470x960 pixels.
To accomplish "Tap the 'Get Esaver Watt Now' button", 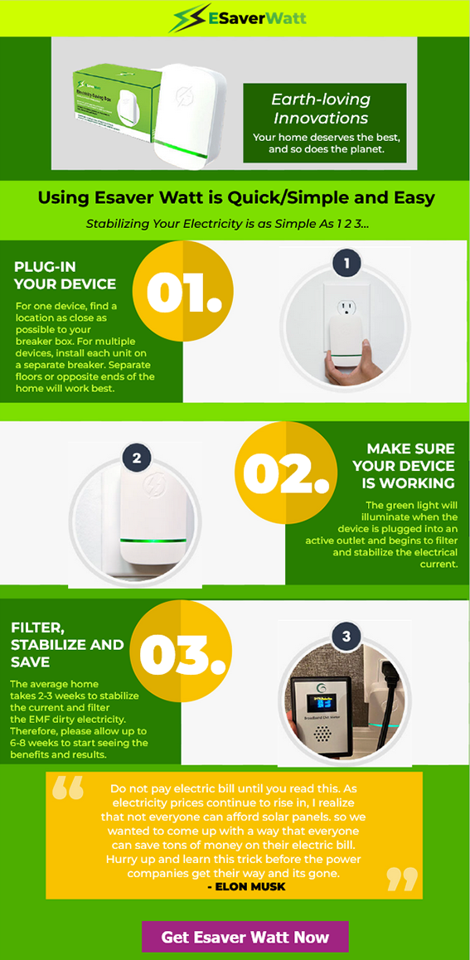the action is point(245,936).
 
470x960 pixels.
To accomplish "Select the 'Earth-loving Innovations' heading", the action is point(321,109).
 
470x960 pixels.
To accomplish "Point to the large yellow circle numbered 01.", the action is point(183,292).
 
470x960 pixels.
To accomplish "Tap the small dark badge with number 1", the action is point(347,264).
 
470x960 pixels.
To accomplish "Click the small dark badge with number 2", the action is point(136,458).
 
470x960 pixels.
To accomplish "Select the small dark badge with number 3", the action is point(346,636).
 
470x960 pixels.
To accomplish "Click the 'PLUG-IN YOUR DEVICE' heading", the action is point(65,275).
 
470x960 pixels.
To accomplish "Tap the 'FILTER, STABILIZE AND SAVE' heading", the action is point(67,644).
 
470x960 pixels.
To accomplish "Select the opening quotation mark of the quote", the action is point(67,789).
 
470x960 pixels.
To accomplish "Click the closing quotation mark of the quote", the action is point(402,880).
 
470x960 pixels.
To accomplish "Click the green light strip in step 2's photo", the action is point(153,541).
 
